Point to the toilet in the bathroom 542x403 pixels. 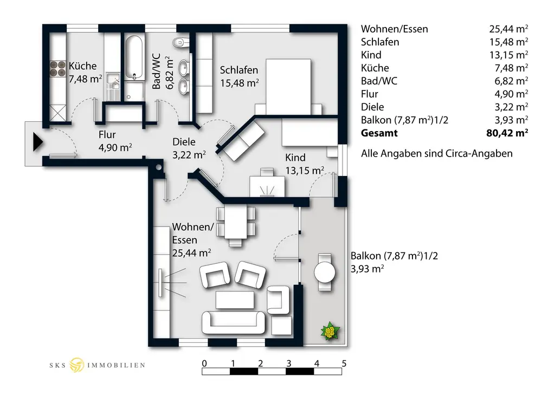click(180, 43)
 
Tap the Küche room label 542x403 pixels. click(82, 66)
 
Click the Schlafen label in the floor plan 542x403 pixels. click(238, 70)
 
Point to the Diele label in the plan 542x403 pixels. click(184, 142)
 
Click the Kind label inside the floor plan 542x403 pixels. click(295, 158)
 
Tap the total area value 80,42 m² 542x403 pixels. click(507, 133)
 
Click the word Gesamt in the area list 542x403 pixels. click(379, 133)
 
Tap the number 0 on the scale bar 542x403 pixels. click(204, 363)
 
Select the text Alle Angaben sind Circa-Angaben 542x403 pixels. click(436, 154)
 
